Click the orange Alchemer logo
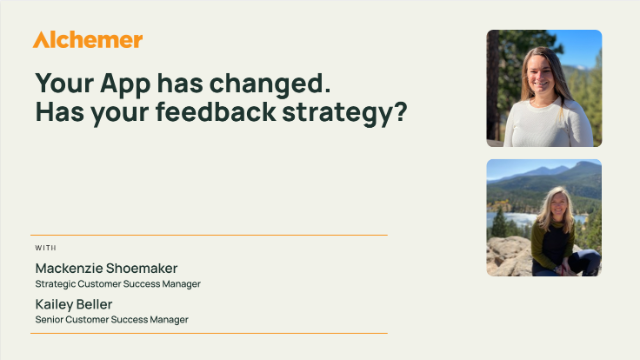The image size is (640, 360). (88, 40)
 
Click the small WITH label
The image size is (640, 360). (45, 247)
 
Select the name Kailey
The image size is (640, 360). (59, 303)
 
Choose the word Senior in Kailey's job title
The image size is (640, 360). (51, 319)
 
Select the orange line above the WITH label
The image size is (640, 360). (210, 235)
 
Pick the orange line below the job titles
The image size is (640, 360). (210, 333)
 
